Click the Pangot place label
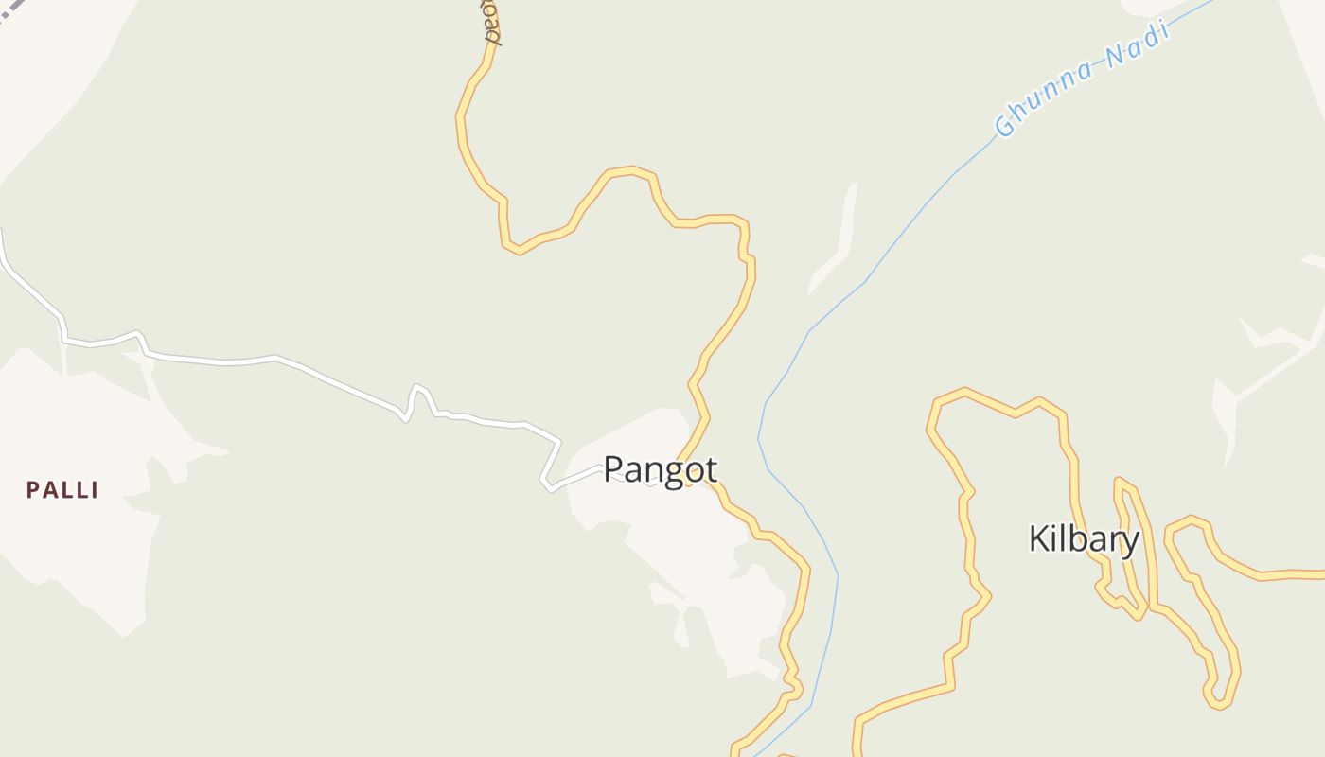click(660, 469)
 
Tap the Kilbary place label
click(1084, 539)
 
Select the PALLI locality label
click(62, 490)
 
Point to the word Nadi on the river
click(1138, 44)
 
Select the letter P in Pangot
click(613, 469)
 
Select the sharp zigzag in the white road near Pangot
click(548, 483)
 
